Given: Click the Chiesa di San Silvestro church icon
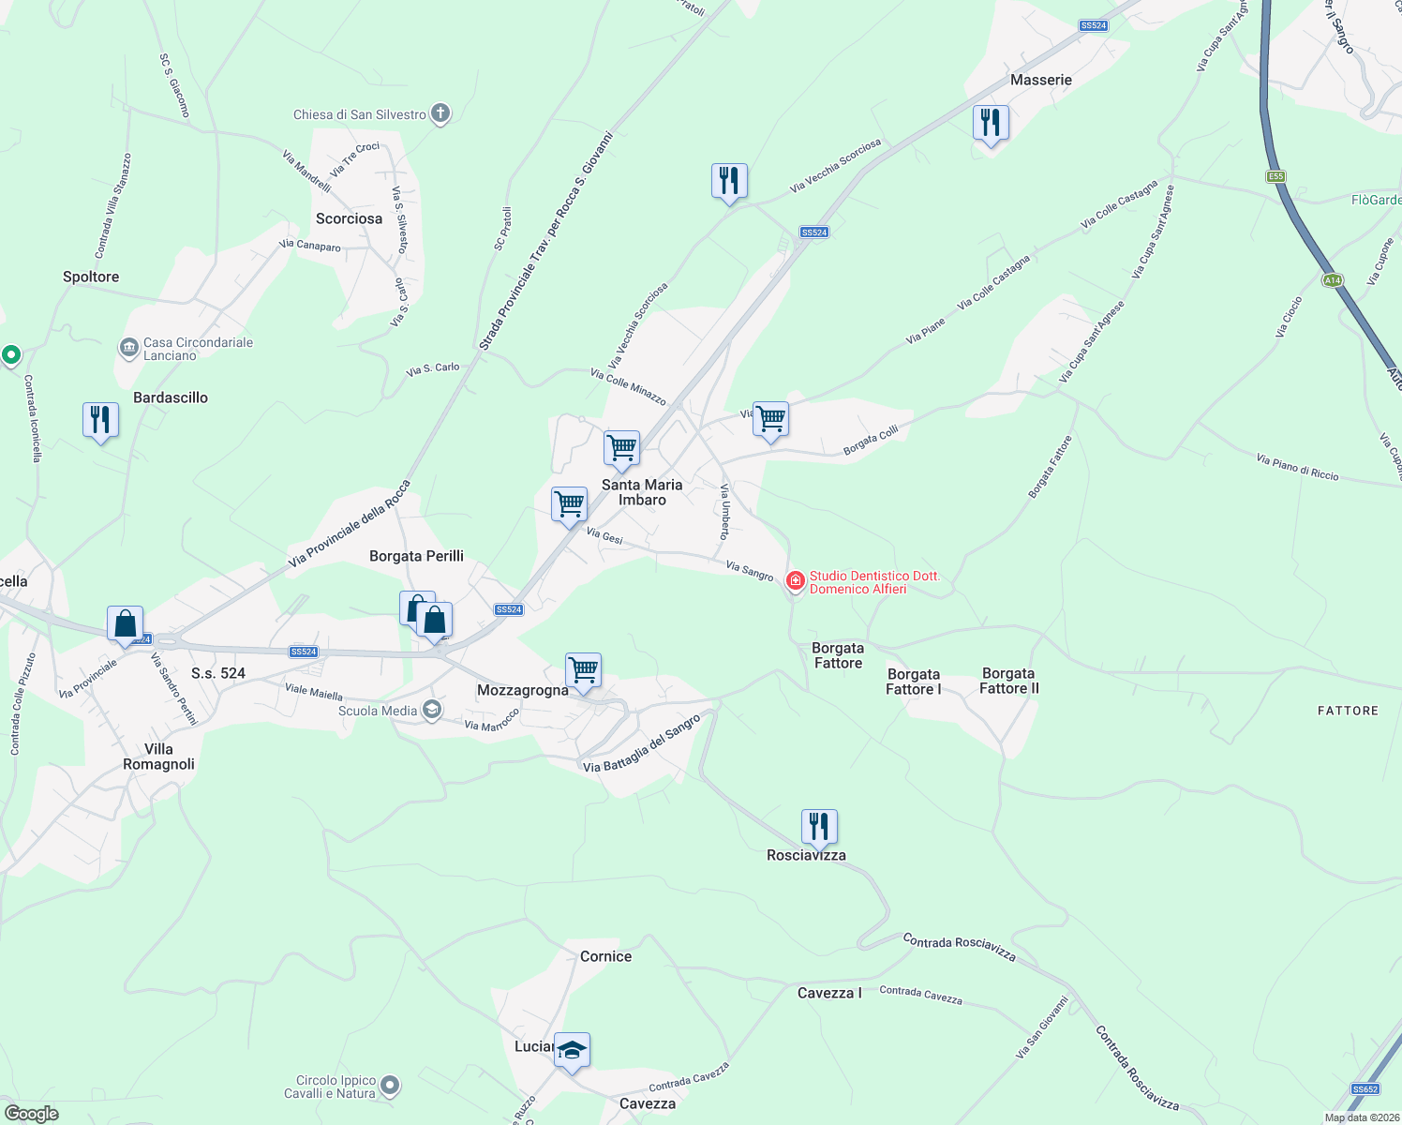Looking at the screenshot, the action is (x=440, y=114).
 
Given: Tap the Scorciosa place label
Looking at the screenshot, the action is (x=349, y=218).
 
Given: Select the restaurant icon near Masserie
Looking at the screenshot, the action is (x=990, y=123).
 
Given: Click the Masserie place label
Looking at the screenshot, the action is (x=1040, y=80).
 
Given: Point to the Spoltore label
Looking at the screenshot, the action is (x=91, y=277).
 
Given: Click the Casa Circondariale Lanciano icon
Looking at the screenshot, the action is (x=128, y=349).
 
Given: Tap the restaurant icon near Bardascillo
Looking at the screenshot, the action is (x=100, y=420).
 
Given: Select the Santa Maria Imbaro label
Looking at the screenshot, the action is (x=642, y=492).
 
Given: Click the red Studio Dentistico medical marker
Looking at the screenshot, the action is (x=796, y=582).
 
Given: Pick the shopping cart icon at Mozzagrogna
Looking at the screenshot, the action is (x=583, y=670).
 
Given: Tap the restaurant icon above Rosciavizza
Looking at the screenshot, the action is (x=819, y=827).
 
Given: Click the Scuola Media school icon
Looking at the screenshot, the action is (x=432, y=710).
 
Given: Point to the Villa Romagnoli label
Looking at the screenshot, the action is (x=158, y=757).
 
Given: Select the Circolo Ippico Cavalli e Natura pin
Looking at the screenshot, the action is (x=391, y=1087).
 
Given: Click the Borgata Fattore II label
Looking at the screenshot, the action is (x=1008, y=681).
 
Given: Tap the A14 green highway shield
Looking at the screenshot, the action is (x=1333, y=280).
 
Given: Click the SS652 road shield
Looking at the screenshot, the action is (x=1365, y=1089).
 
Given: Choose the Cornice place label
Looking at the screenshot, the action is (x=605, y=956).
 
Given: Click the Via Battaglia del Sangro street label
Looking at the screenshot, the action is (x=642, y=744).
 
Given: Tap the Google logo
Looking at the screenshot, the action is (x=32, y=1114).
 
